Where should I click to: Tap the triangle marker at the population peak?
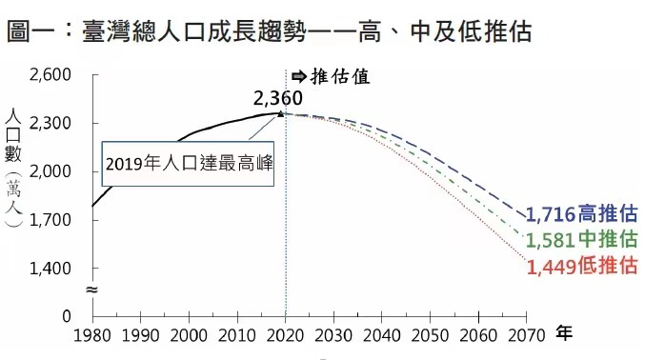[280, 112]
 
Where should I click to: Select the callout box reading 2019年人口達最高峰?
[190, 162]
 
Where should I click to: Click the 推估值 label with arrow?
[330, 76]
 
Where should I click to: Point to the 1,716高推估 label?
[581, 212]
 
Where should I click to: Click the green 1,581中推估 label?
[581, 239]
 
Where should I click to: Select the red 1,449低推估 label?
[581, 266]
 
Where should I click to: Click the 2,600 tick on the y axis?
[50, 75]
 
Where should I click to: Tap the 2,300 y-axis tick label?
[50, 124]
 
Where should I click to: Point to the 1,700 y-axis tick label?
[50, 220]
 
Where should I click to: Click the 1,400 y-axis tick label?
[50, 269]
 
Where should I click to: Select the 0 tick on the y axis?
[66, 316]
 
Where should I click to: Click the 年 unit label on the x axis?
[564, 333]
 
